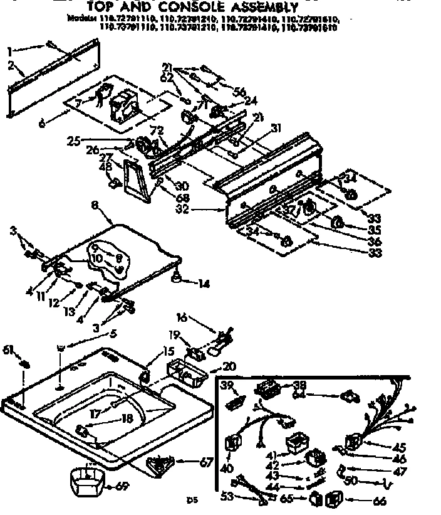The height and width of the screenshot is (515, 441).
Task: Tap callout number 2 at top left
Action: tap(11, 65)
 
